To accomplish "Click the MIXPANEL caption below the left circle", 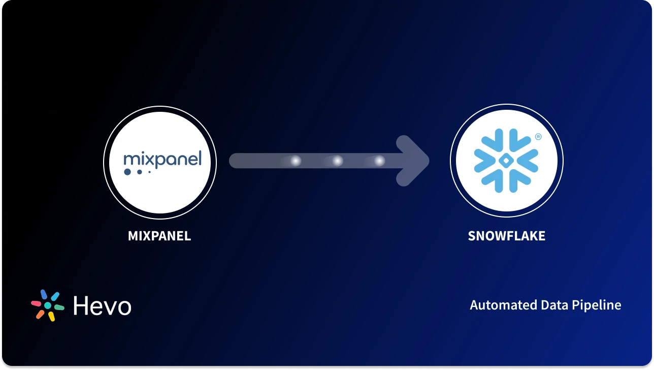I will click(x=159, y=236).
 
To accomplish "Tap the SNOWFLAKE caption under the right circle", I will click(x=506, y=236).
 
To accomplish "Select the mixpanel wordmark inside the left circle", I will click(x=162, y=159).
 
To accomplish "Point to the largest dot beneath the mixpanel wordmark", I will click(x=127, y=172).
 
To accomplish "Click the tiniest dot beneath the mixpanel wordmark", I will click(x=149, y=172).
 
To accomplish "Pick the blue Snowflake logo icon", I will click(x=506, y=161).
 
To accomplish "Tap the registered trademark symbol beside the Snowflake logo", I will click(x=538, y=137).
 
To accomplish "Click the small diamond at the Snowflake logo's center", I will click(x=506, y=161).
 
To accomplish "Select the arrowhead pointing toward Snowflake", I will click(x=412, y=161).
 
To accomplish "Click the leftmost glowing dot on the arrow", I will click(x=295, y=161).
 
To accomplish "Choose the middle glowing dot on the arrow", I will click(x=337, y=161).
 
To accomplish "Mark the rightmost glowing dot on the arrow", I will click(x=379, y=161).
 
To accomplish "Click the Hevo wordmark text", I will click(x=102, y=305).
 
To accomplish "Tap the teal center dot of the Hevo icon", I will click(x=48, y=305).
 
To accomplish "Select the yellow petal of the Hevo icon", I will click(x=51, y=316).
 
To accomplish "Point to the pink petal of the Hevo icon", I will click(x=36, y=303).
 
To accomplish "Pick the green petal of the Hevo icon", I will click(x=59, y=307).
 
